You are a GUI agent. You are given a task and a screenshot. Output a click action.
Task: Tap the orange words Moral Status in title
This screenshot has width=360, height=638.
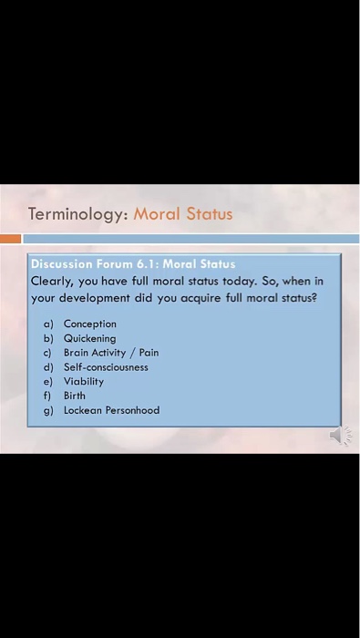tap(183, 214)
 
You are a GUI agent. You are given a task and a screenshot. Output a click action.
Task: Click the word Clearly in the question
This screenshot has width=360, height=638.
tap(51, 281)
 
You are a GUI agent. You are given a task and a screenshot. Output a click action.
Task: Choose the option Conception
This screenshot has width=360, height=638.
tap(90, 324)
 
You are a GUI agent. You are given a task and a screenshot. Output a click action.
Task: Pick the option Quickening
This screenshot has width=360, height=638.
tap(90, 338)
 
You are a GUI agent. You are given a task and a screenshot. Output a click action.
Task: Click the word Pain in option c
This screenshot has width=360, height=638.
tap(149, 353)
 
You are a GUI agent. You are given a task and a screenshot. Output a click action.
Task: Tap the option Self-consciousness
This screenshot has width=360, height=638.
tap(106, 367)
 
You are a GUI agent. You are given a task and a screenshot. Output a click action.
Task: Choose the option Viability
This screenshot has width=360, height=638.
tap(84, 382)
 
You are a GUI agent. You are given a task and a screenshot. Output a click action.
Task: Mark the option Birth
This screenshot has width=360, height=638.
tap(75, 396)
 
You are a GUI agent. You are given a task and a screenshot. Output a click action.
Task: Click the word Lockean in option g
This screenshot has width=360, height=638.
tap(83, 411)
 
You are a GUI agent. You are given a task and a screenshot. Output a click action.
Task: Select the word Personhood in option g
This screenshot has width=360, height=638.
tap(133, 411)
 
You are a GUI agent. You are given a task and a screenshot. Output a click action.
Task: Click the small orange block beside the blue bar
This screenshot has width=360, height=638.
tap(10, 239)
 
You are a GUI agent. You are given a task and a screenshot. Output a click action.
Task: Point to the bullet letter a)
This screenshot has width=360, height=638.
tap(48, 324)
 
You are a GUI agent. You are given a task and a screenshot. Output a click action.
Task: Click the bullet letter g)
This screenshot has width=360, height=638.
tap(48, 411)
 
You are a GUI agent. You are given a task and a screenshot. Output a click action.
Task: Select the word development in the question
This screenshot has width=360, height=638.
tap(94, 298)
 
